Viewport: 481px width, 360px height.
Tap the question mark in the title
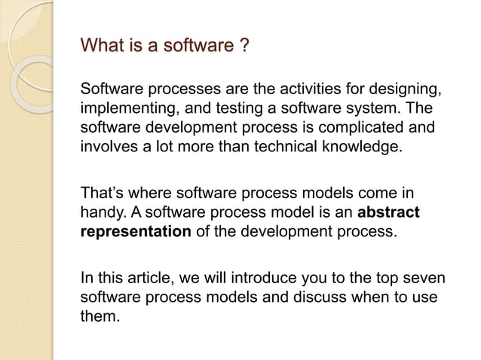coord(243,49)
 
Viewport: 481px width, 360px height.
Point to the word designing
coord(405,91)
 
